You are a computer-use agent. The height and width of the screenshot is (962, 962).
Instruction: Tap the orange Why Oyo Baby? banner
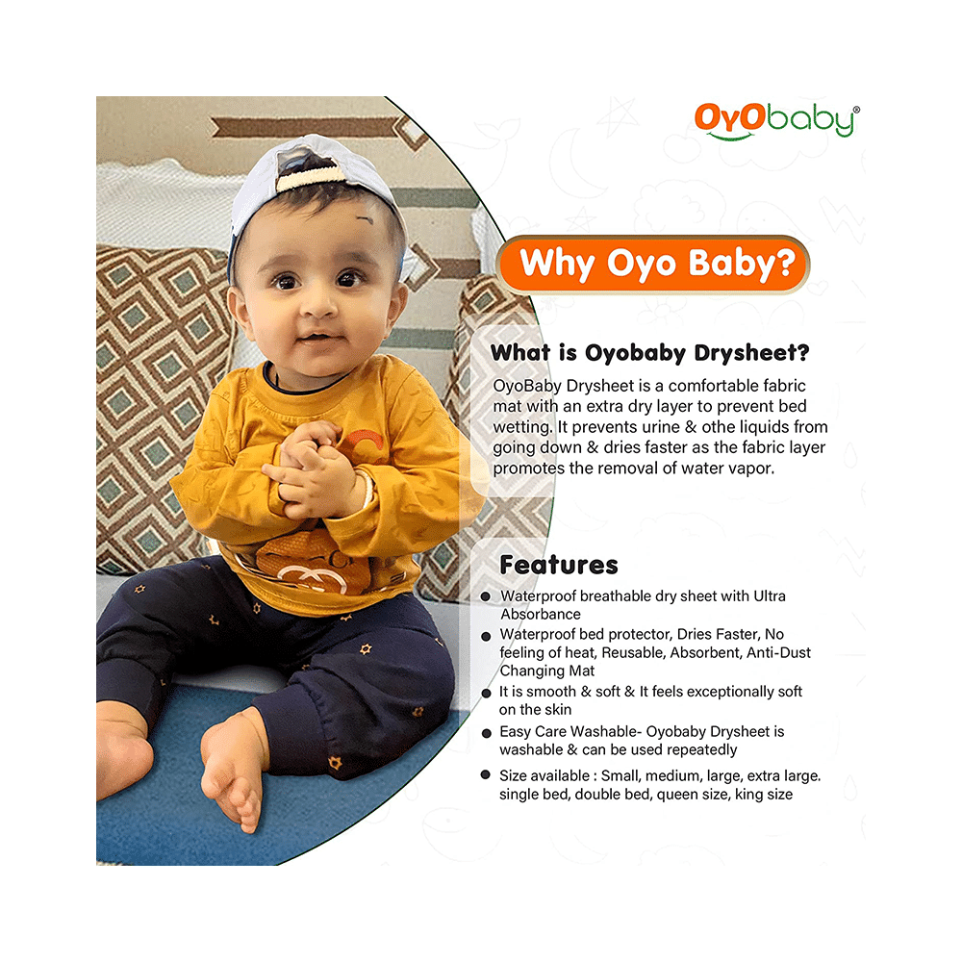pos(654,263)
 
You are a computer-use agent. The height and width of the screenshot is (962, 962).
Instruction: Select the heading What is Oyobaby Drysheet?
pos(649,353)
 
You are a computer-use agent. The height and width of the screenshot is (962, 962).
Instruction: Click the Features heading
pos(559,565)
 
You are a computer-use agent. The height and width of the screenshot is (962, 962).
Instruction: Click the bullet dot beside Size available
pos(487,775)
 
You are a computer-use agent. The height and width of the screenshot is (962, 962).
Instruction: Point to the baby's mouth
pos(314,337)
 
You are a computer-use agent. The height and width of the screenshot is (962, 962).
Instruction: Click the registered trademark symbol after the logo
pos(856,111)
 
